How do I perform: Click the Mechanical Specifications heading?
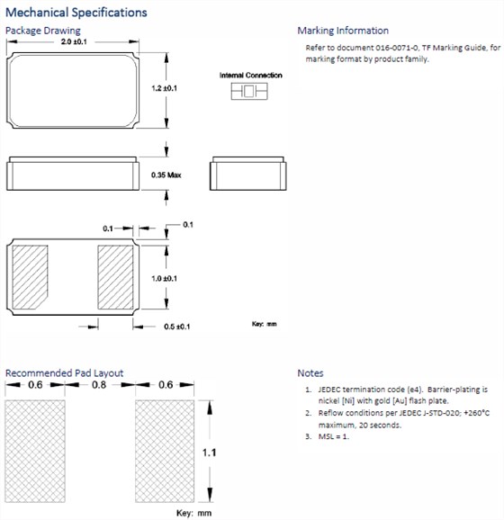coord(76,13)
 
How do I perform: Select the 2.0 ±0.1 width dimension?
coord(74,41)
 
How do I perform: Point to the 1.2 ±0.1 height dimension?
coord(164,88)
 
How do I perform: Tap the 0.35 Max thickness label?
coord(166,175)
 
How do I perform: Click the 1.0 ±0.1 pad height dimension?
coord(164,278)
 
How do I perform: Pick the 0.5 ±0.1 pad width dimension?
coord(176,327)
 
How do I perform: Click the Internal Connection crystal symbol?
coord(249,91)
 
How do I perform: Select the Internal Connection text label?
coord(251,76)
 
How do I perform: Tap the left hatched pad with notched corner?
coord(31,277)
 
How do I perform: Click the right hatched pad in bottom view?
coord(115,277)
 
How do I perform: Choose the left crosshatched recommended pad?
coord(35,451)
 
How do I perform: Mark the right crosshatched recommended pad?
coord(165,451)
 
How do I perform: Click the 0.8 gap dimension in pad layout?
coord(99,385)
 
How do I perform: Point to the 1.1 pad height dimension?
coord(209,453)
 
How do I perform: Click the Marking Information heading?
coord(343,31)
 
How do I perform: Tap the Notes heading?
coord(310,373)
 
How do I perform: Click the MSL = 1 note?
coord(334,436)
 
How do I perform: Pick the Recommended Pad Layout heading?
coord(65,373)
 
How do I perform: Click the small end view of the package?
coord(248,174)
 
